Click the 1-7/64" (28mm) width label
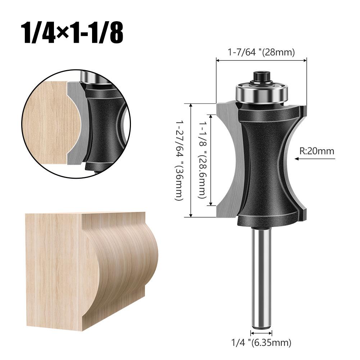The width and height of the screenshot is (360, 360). pos(261,53)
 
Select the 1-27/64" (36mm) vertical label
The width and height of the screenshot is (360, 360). pos(179,160)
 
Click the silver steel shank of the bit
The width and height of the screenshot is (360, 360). pos(261,273)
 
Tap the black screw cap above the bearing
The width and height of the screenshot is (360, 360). pos(261,76)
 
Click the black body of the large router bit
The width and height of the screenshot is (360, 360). pos(266,162)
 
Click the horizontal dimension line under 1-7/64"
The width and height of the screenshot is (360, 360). pos(261,60)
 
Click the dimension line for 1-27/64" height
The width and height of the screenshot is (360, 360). pos(191,160)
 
